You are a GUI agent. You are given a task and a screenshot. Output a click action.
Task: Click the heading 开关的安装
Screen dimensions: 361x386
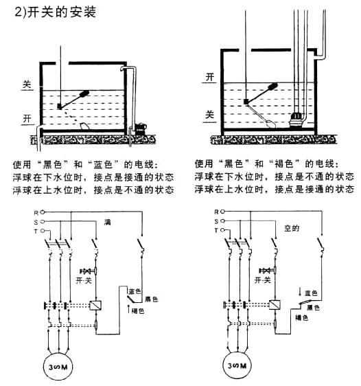pos(62,12)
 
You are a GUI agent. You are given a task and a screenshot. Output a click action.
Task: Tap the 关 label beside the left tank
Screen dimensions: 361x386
pos(27,84)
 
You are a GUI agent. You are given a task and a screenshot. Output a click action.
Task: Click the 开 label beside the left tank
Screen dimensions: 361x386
pos(27,119)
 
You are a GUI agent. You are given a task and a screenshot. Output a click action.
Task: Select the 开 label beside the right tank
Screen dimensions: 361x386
pos(210,78)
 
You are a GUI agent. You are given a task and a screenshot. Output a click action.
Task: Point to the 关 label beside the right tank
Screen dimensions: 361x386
pos(210,115)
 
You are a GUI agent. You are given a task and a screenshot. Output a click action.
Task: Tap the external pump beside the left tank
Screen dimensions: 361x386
pos(141,128)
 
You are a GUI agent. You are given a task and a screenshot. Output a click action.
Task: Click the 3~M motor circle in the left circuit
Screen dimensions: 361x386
pos(58,367)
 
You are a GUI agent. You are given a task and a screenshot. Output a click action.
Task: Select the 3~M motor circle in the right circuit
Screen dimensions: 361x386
pos(237,366)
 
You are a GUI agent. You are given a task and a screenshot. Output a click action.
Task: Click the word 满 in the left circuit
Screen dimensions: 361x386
pos(108,223)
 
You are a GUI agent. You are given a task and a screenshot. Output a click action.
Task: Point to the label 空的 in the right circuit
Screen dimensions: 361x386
pos(292,229)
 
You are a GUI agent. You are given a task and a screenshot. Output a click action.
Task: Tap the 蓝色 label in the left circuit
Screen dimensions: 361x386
pos(135,291)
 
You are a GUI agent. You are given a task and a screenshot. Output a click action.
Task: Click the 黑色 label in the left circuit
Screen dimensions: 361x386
pos(151,299)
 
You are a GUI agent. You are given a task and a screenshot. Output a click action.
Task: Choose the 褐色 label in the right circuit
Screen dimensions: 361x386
pos(302,318)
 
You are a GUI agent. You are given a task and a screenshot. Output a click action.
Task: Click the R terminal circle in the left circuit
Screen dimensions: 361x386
pos(43,212)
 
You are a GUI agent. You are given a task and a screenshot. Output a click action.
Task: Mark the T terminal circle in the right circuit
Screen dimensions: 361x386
pos(222,230)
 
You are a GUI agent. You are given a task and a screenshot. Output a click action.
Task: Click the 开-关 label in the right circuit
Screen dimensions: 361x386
pos(263,280)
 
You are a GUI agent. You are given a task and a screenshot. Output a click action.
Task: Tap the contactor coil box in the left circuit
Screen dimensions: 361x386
pos(95,306)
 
